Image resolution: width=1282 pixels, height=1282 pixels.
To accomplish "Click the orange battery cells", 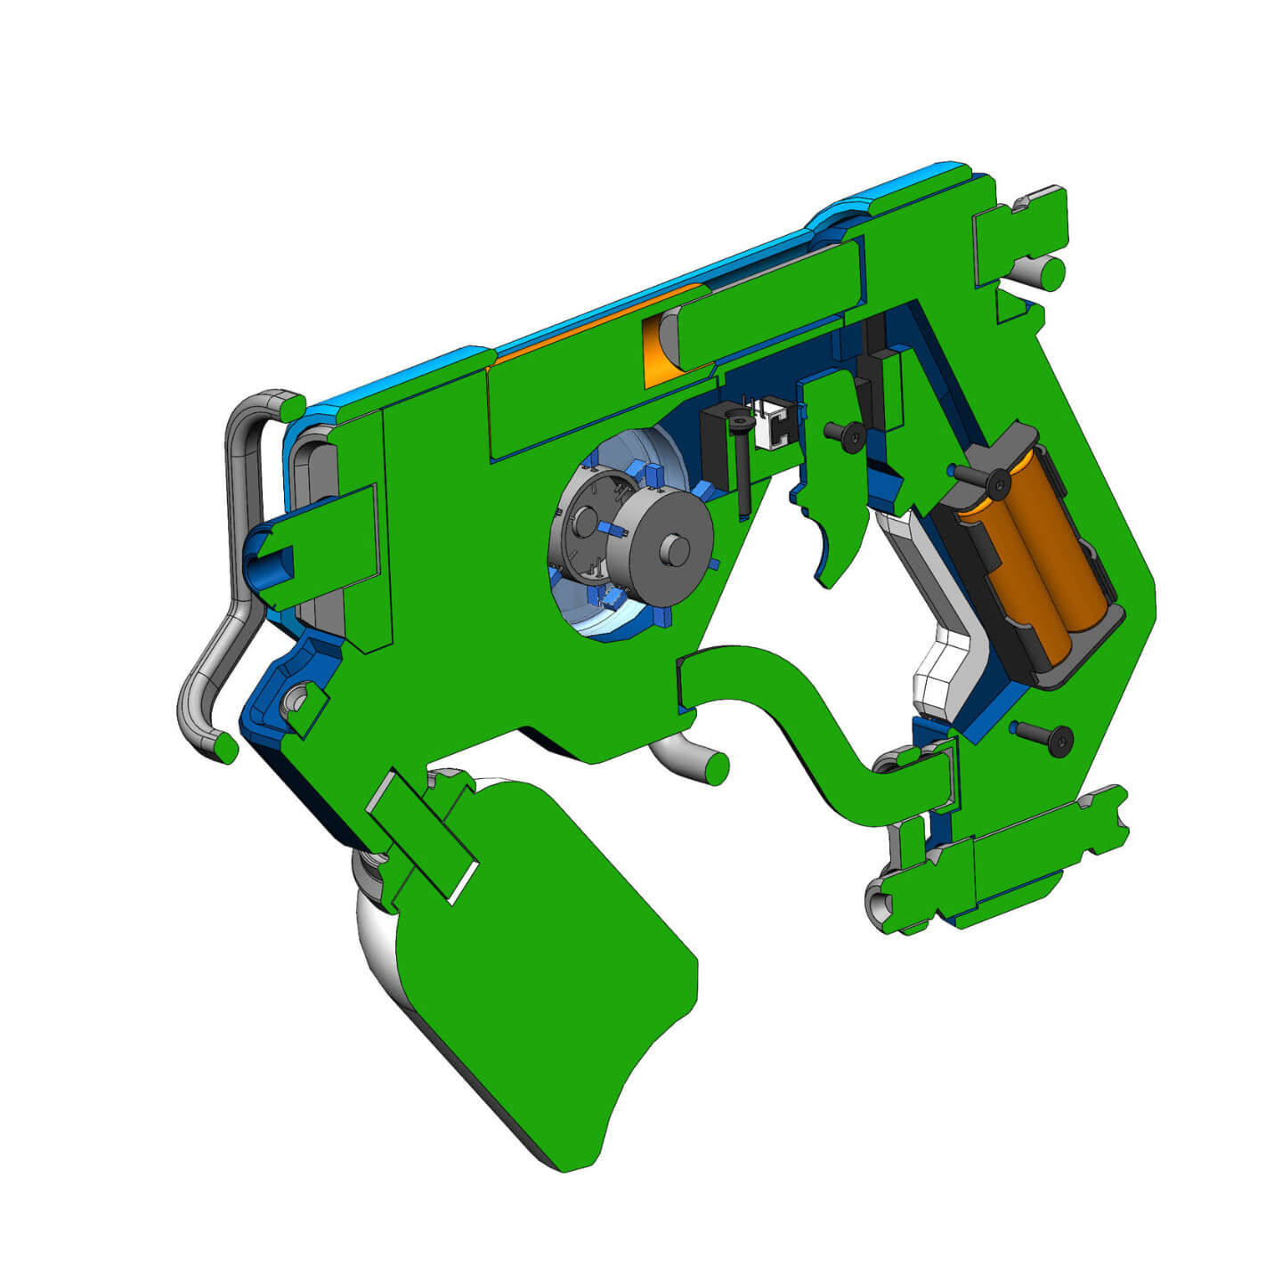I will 1042,561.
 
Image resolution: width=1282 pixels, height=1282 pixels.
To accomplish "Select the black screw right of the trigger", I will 845,435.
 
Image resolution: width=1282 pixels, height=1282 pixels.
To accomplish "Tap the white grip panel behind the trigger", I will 944,641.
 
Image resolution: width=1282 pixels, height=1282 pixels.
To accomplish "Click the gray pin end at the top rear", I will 1051,270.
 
